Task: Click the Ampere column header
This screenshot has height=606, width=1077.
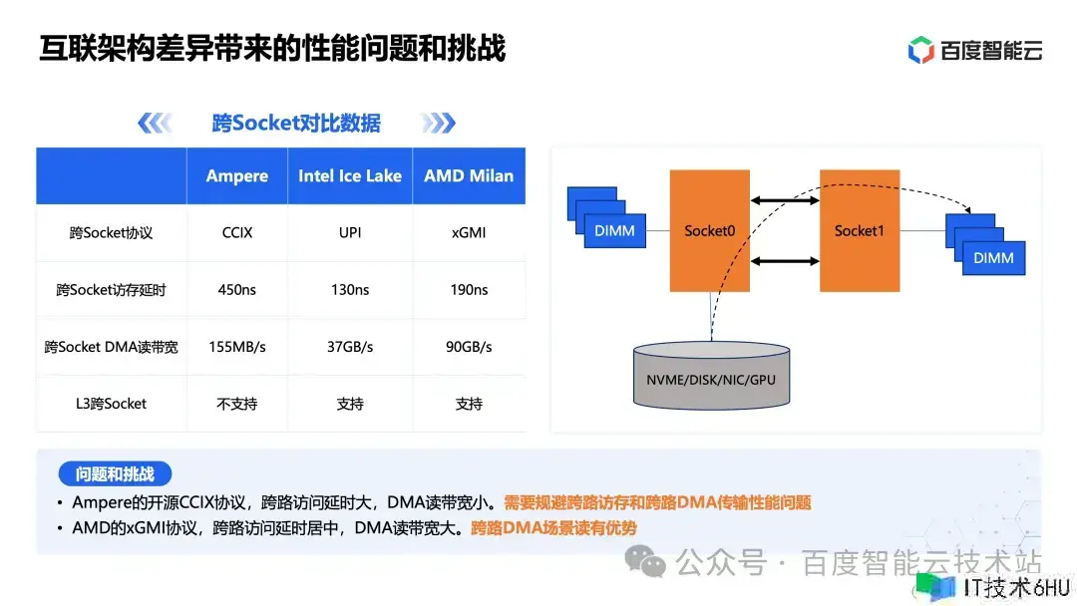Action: [237, 175]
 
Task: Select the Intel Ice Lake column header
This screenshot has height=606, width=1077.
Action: [350, 175]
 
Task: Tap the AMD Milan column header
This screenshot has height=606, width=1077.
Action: [469, 175]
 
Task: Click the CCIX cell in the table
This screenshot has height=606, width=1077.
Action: [237, 232]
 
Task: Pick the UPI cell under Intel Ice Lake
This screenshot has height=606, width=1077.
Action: [350, 232]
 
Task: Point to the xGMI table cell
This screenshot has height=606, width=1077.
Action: [469, 232]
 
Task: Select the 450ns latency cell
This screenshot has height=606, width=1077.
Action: [237, 290]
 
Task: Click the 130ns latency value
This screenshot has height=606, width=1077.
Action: [350, 290]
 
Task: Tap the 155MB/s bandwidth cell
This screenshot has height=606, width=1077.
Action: [237, 347]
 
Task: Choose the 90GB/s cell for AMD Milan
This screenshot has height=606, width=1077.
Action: [469, 347]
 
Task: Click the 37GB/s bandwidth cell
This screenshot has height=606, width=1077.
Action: [350, 347]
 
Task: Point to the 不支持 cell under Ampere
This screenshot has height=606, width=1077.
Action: [237, 404]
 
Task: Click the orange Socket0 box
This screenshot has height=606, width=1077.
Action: [710, 230]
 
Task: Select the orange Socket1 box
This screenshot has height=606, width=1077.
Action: [860, 230]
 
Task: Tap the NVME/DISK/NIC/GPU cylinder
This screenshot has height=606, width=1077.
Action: [711, 376]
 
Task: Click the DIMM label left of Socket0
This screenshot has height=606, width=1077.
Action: [614, 230]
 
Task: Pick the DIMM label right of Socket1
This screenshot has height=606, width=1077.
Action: [993, 258]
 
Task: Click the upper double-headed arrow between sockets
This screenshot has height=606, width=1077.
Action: [785, 200]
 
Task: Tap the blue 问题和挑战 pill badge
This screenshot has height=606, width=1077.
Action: [115, 473]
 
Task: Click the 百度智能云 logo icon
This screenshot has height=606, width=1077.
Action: [920, 50]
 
